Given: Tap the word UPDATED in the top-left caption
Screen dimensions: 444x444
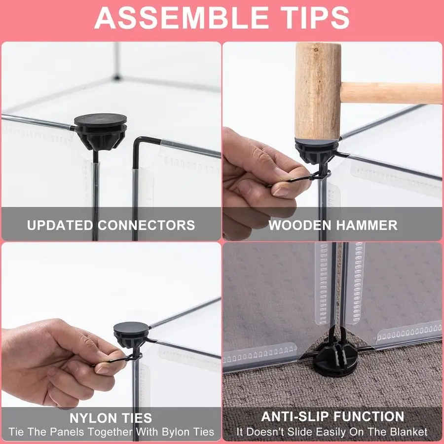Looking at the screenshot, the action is pos(60,225).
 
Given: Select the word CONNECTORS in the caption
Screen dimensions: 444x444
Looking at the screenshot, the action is pos(147,225).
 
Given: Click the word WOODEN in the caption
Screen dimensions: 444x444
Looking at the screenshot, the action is pos(300,225).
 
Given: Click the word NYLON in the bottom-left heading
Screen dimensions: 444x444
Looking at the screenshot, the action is pos(91,418).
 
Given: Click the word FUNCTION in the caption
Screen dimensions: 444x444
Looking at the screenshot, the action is pos(369,416).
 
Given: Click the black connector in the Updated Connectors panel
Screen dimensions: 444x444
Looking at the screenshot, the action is pos(101,131).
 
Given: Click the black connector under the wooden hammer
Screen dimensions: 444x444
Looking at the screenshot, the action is pos(317,153).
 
